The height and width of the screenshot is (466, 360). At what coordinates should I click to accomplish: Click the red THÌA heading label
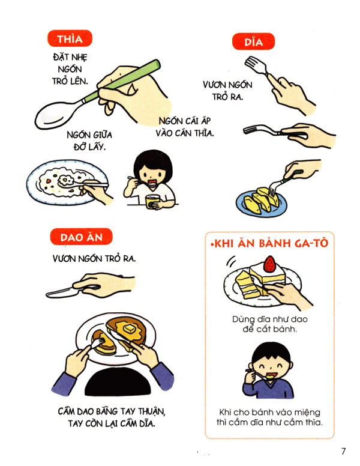pos(69,40)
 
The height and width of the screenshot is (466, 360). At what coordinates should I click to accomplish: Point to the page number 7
pos(343,451)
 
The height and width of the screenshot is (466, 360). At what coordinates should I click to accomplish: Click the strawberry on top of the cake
pos(270,263)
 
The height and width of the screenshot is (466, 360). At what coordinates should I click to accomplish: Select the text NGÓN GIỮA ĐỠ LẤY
pos(86,141)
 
